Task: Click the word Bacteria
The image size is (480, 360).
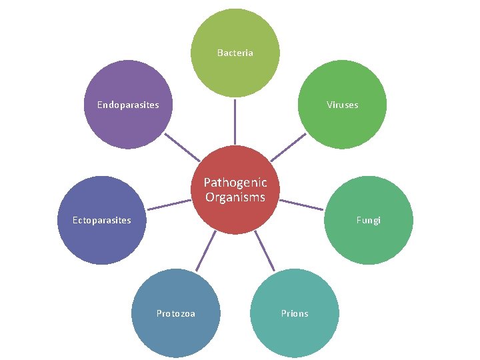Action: tap(235, 53)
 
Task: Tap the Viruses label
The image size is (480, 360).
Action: tap(342, 105)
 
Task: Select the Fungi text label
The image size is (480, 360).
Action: tap(368, 220)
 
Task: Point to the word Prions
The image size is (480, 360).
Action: tap(294, 313)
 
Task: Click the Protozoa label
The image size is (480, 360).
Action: tap(175, 313)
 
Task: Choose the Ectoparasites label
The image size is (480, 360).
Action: tap(101, 220)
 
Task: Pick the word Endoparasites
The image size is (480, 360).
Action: tap(128, 105)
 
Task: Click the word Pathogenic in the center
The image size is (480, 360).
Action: tap(235, 182)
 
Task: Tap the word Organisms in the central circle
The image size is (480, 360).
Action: tap(235, 197)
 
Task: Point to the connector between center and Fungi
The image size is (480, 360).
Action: tap(301, 205)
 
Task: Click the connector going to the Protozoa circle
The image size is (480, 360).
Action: tap(205, 251)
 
